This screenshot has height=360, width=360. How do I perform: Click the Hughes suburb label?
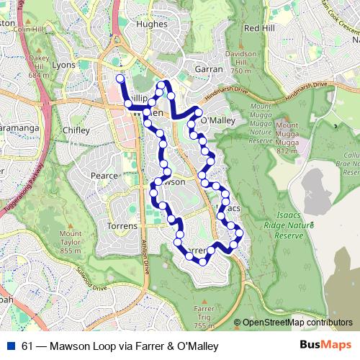pyautogui.click(x=151, y=23)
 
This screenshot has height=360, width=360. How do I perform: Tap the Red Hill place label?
pyautogui.click(x=260, y=28)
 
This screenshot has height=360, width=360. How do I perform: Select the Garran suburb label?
pyautogui.click(x=209, y=69)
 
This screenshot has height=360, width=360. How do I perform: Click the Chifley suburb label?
pyautogui.click(x=76, y=130)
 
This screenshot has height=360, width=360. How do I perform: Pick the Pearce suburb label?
pyautogui.click(x=103, y=175)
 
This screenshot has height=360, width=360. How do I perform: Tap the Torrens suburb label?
pyautogui.click(x=121, y=226)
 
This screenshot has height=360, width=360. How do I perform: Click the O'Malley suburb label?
pyautogui.click(x=217, y=121)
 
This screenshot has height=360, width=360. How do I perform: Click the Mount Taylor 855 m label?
pyautogui.click(x=70, y=242)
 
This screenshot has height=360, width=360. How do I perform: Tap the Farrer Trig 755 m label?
pyautogui.click(x=204, y=317)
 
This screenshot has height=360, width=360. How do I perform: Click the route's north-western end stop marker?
pyautogui.click(x=120, y=77)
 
